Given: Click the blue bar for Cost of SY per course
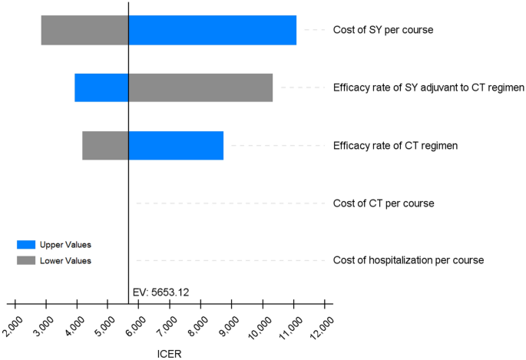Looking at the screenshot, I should tap(212, 30).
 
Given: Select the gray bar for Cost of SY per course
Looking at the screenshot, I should tap(84, 30).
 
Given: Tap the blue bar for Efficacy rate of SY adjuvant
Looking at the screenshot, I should tap(101, 88).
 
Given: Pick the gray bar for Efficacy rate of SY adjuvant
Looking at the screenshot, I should tap(200, 88).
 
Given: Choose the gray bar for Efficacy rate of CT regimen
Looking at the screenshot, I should tap(105, 145).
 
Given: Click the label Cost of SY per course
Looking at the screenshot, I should tap(383, 30).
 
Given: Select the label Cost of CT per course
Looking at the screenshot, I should tap(383, 203).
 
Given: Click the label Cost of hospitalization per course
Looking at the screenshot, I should tap(408, 260).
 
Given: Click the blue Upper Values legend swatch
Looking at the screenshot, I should tap(26, 245).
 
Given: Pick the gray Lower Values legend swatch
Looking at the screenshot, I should tap(26, 261).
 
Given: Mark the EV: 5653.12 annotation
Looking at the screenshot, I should tap(160, 292).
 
